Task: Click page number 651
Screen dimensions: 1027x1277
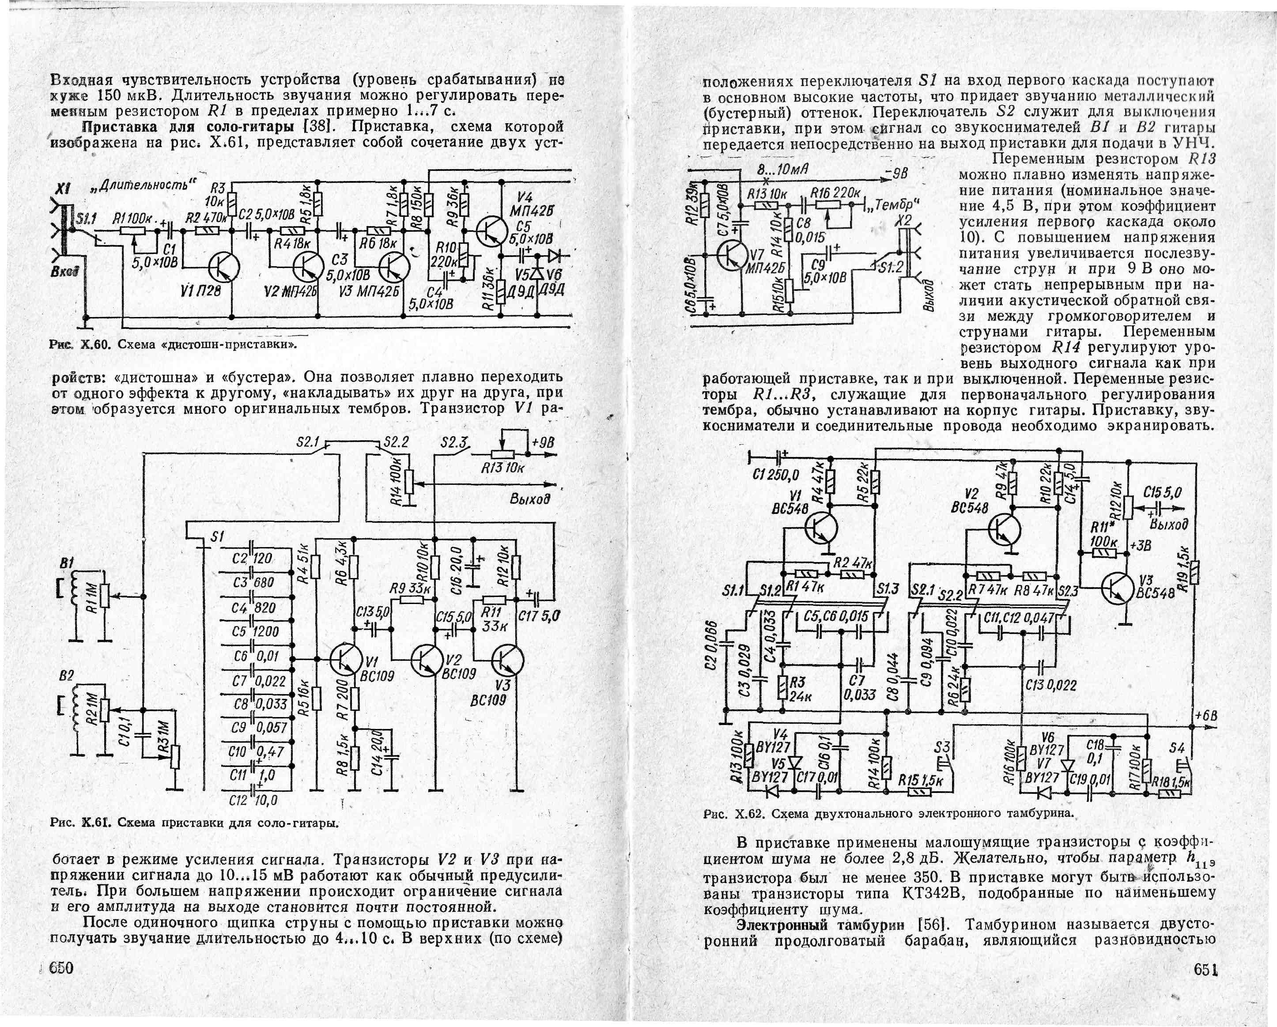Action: (1205, 970)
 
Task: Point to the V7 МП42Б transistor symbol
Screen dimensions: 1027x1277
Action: (732, 255)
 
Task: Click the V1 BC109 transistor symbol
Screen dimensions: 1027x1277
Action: (346, 659)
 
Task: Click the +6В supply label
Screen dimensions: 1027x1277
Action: (1205, 715)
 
